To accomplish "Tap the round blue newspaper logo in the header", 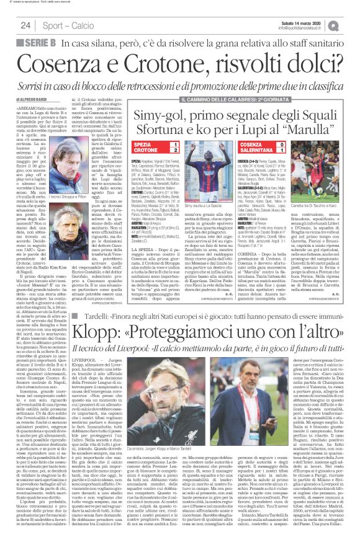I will coord(351,25).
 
